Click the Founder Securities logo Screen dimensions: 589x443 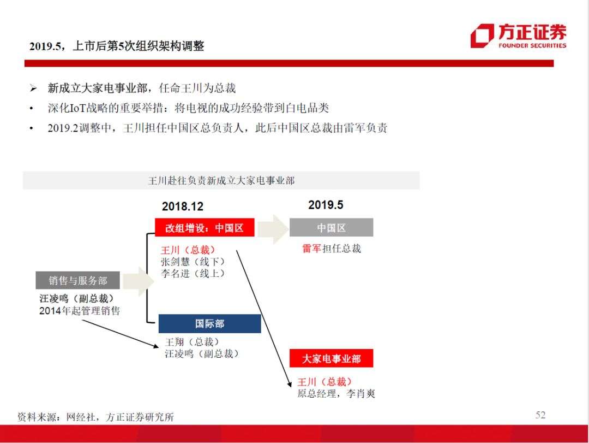518,36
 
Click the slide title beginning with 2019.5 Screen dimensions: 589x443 117,46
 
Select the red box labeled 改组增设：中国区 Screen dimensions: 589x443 205,227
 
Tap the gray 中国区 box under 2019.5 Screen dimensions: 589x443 332,227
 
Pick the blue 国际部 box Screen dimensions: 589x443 209,324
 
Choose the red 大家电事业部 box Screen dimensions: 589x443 332,358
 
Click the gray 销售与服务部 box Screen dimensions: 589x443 78,280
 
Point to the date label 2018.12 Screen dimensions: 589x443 183,206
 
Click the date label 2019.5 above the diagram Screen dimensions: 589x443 326,205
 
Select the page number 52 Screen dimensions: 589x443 540,415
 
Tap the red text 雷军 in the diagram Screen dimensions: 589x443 312,249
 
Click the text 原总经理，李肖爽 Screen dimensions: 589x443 336,393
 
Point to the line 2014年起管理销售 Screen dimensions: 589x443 80,310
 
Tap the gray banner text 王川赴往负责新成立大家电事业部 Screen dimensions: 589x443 221,181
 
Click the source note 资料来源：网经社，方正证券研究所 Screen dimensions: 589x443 96,417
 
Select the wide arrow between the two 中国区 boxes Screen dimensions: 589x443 273,229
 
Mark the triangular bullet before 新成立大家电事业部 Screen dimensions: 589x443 33,88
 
